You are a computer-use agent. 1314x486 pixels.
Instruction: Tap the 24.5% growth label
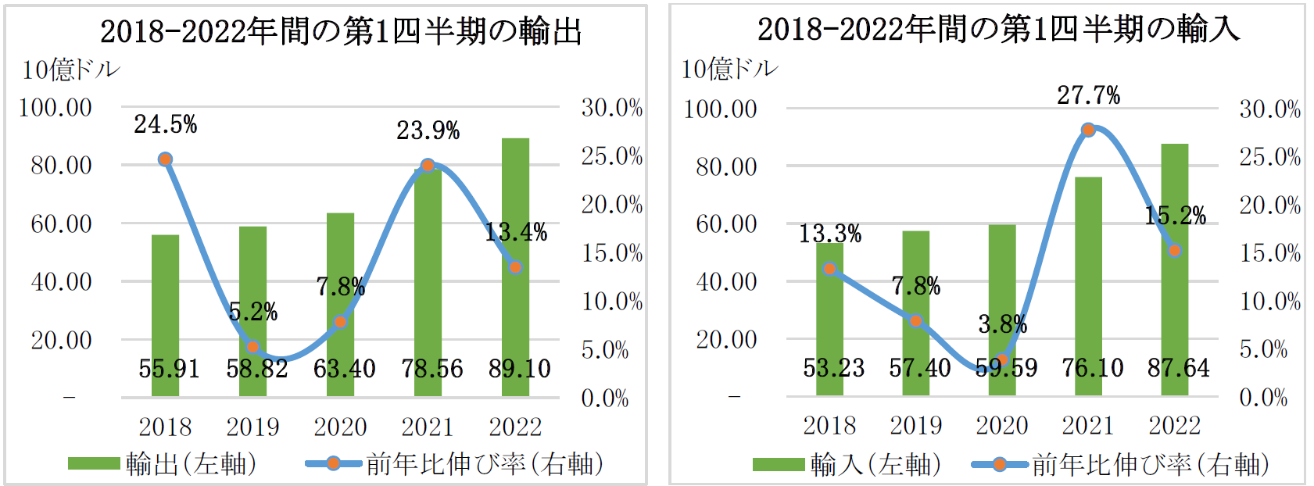(x=165, y=124)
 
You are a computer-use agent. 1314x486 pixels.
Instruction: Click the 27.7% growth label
(x=1088, y=95)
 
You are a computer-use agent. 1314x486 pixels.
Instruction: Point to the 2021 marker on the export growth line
(x=428, y=166)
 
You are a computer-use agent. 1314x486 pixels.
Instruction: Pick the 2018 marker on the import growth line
(x=830, y=269)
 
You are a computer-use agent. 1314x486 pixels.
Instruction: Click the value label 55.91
(x=169, y=368)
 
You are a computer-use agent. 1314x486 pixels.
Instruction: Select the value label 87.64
(x=1178, y=367)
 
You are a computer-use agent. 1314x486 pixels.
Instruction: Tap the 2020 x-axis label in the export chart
(x=340, y=427)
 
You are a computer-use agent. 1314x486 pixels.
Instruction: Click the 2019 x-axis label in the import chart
(x=916, y=425)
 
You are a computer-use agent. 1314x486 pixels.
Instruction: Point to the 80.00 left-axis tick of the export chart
(x=61, y=166)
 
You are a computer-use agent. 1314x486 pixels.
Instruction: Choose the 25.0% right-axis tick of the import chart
(x=1269, y=157)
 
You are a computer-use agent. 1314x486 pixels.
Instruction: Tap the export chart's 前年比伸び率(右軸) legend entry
(x=455, y=464)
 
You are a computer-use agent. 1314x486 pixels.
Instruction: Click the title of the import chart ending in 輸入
(x=998, y=30)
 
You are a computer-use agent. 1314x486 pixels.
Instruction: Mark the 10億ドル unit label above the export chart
(x=70, y=70)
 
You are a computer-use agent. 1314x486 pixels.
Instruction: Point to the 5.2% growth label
(x=253, y=312)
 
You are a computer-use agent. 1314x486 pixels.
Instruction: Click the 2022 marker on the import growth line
(x=1174, y=250)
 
